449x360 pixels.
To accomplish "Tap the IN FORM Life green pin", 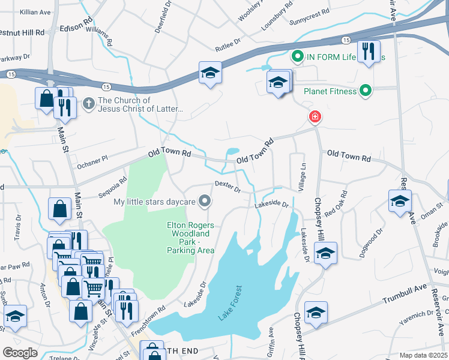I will coord(297,57).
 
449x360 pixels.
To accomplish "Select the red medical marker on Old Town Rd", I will coord(313,117).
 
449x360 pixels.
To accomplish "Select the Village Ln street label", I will coord(303,174).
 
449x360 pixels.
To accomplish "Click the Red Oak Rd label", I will coord(336,204).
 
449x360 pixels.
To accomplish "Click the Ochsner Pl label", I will coord(92,158).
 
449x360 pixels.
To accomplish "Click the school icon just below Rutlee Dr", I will coord(210,73).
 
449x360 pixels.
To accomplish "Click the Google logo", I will coord(20,353).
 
